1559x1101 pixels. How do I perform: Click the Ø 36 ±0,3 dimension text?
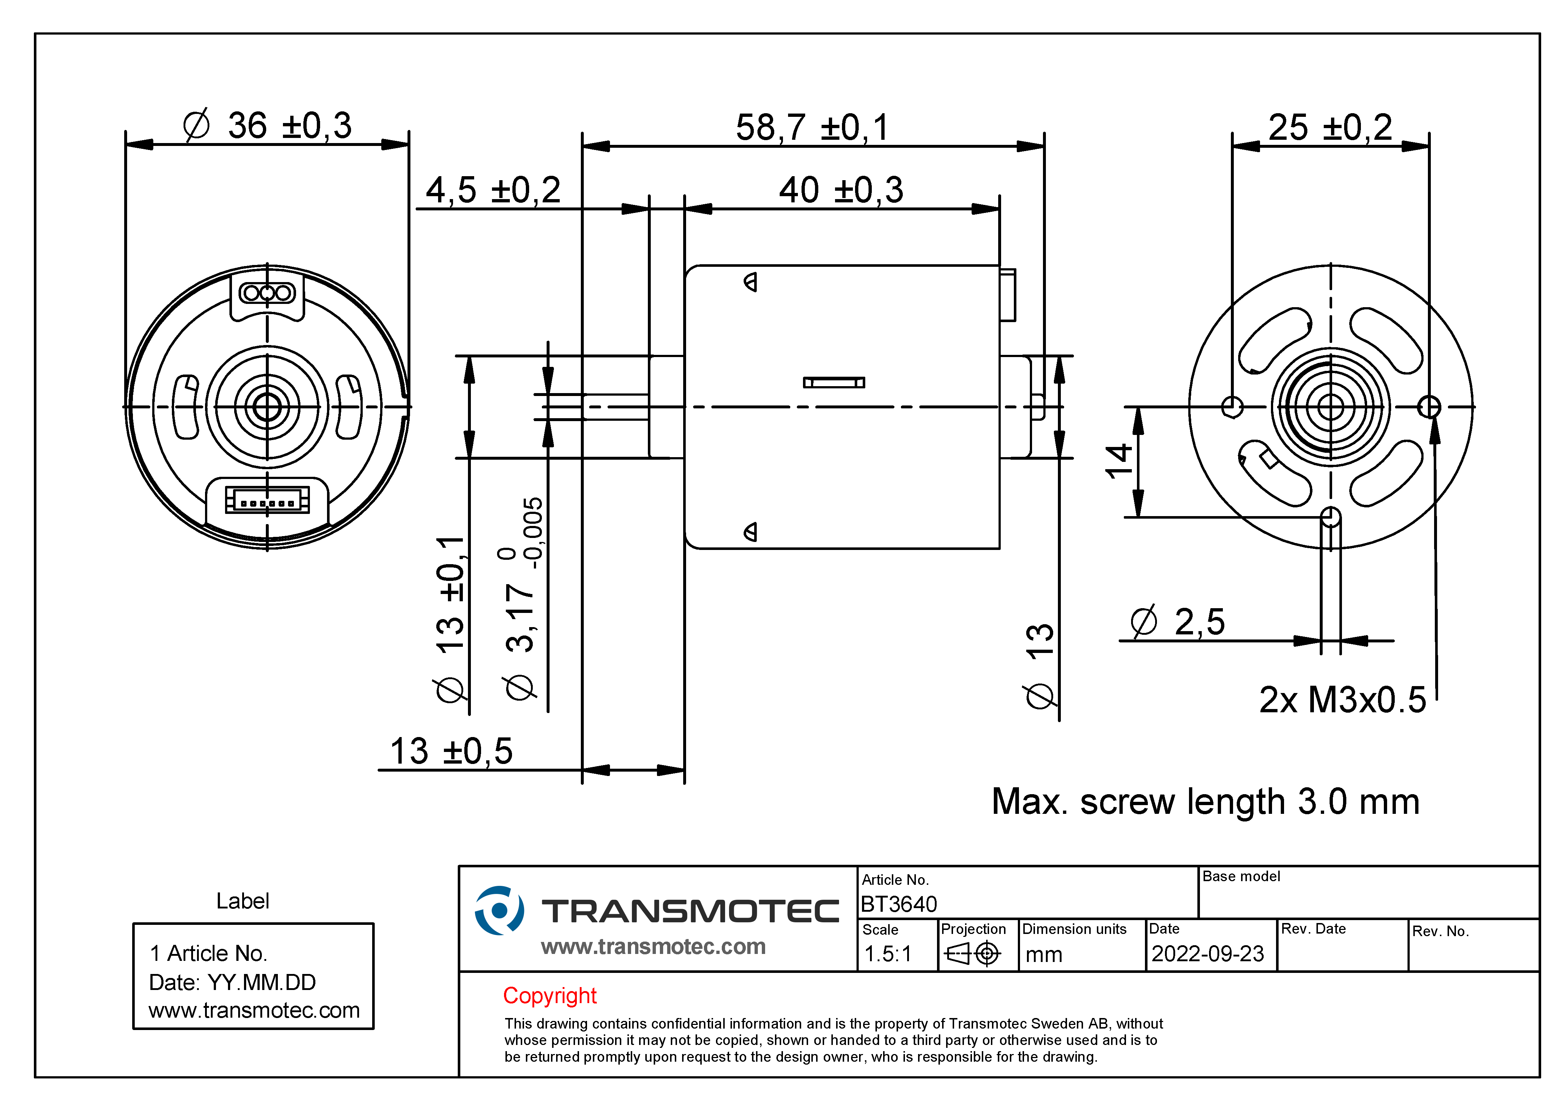pyautogui.click(x=268, y=126)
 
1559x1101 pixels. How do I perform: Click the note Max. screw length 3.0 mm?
pyautogui.click(x=1205, y=802)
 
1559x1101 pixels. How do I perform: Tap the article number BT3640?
pyautogui.click(x=898, y=904)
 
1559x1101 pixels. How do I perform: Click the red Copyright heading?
pyautogui.click(x=549, y=996)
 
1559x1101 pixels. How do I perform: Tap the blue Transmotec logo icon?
pyautogui.click(x=499, y=910)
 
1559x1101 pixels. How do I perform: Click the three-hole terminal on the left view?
pyautogui.click(x=267, y=293)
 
